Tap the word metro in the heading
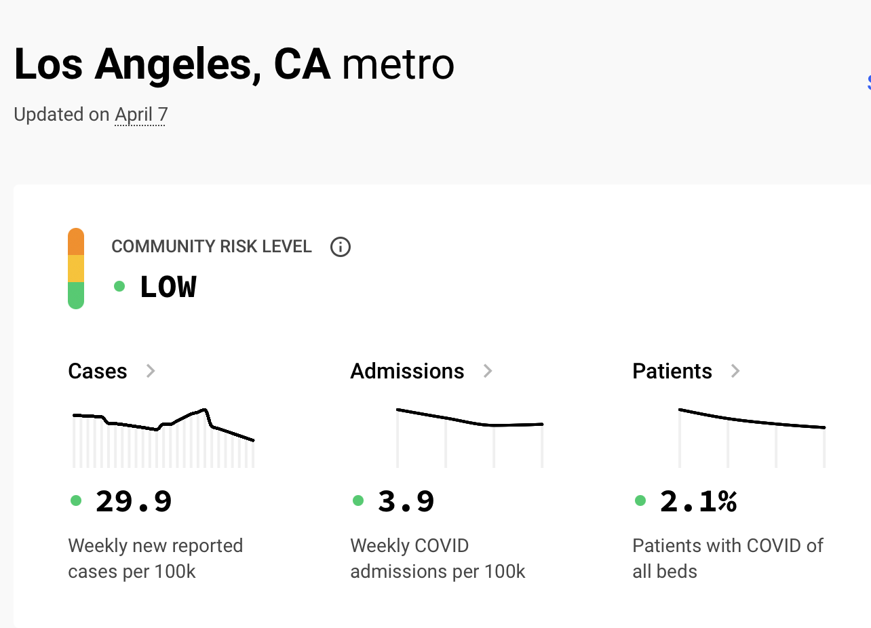398,65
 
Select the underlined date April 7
141,115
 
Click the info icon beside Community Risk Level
340,247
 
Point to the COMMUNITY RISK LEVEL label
212,247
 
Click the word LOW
168,288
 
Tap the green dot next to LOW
119,286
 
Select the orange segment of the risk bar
76,242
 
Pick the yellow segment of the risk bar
76,269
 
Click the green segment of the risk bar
76,295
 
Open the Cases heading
98,371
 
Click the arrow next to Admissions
487,371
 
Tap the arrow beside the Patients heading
735,371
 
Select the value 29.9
134,502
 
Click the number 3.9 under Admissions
406,502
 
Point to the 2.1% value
698,502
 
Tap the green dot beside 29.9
76,501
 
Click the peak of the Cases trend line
204,410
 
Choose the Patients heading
672,371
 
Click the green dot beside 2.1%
640,501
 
